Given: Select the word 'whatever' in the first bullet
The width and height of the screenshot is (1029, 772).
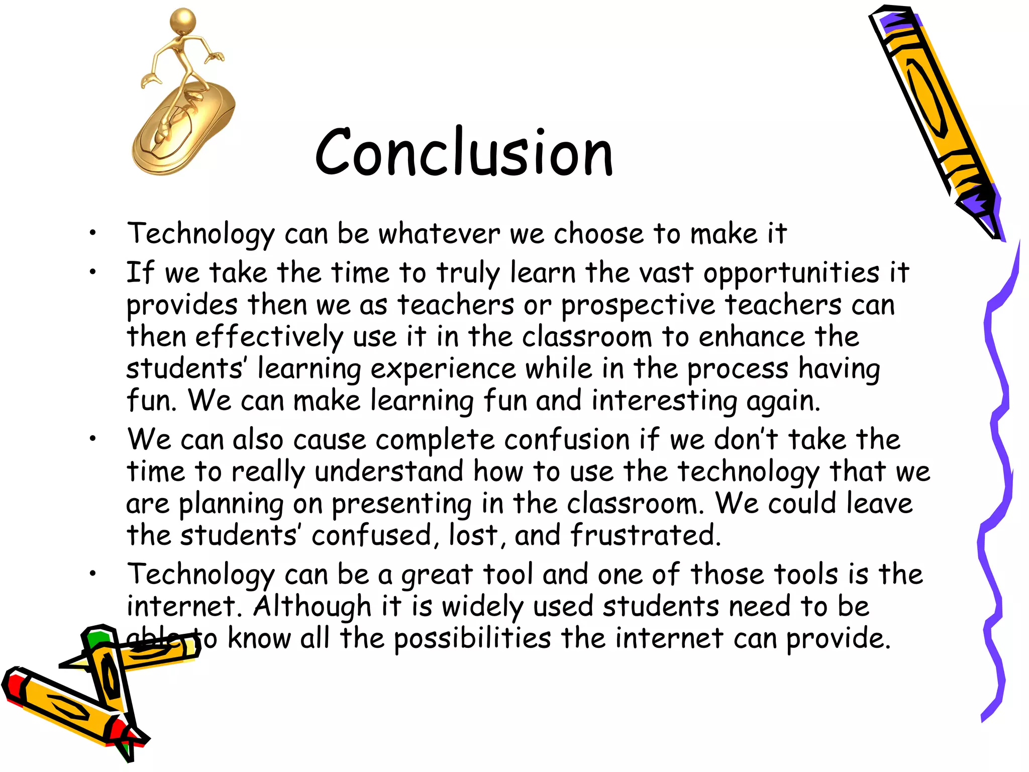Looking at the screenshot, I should coord(439,234).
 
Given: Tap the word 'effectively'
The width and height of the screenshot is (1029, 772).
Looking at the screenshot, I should coord(269,337).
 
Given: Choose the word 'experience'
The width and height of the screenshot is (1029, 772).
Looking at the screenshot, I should coord(443,369).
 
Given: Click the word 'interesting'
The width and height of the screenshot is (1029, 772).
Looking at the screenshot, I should coord(664,402).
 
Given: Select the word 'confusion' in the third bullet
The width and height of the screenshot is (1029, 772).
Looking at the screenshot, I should coord(567,440).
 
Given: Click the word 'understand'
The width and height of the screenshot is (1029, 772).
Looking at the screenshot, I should coord(389,472).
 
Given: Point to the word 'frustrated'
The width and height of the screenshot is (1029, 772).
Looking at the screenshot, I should coord(645,535).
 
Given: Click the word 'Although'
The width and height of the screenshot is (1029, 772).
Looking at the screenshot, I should coord(312,607).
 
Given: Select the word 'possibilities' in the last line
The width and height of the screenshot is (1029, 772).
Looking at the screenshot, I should coord(472,639).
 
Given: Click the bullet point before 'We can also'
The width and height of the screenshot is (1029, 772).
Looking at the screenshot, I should coord(92,439).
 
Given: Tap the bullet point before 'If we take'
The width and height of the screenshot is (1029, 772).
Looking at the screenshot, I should coord(92,272).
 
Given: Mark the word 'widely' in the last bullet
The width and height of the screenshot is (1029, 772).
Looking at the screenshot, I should coord(482,607).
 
